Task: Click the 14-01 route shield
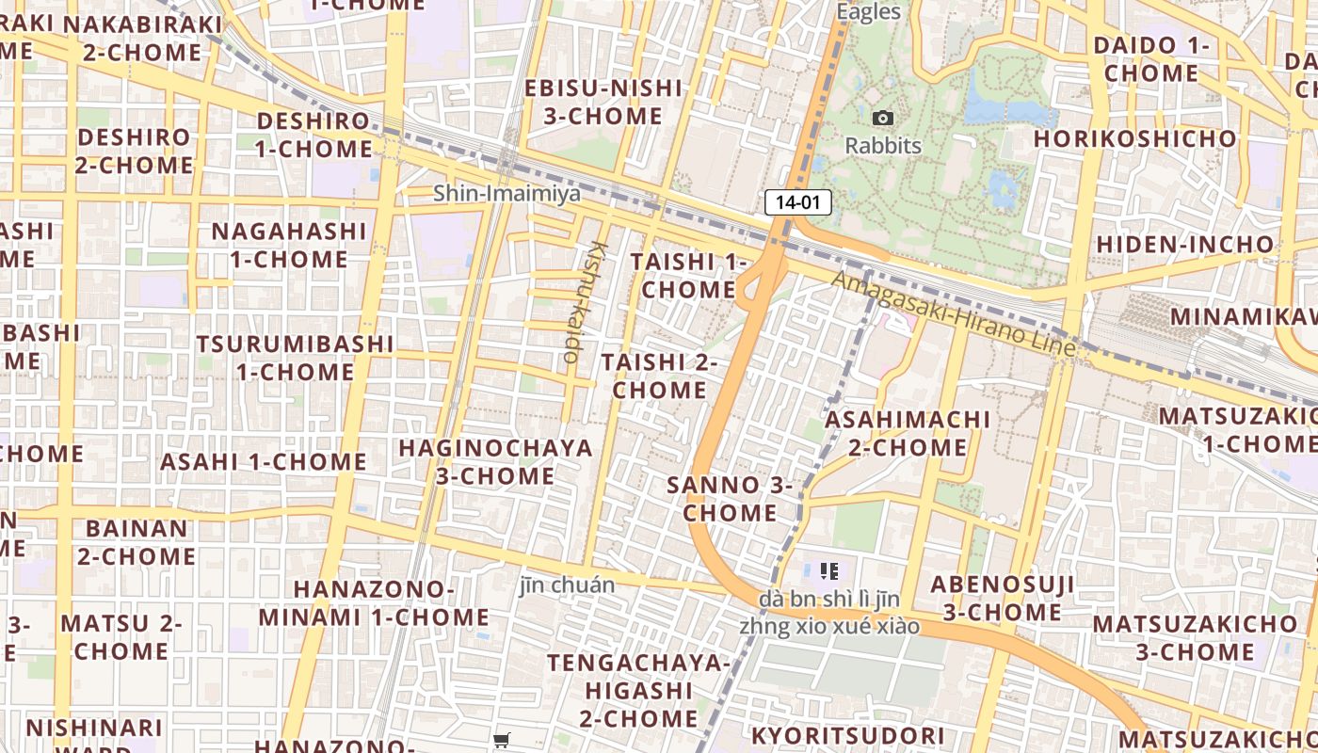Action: pyautogui.click(x=797, y=201)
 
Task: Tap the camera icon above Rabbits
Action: pyautogui.click(x=883, y=118)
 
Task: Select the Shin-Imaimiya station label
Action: pyautogui.click(x=506, y=193)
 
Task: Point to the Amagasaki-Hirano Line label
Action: pyautogui.click(x=953, y=313)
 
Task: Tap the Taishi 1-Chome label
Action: pyautogui.click(x=688, y=275)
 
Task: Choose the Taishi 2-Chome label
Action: pyautogui.click(x=660, y=376)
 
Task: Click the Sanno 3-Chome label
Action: pyautogui.click(x=730, y=499)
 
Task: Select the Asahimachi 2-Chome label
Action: pyautogui.click(x=908, y=433)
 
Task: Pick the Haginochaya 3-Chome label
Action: pyautogui.click(x=496, y=461)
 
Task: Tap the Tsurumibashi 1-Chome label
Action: pyautogui.click(x=296, y=358)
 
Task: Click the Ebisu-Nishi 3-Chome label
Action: pyautogui.click(x=603, y=103)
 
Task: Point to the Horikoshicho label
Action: pyautogui.click(x=1135, y=138)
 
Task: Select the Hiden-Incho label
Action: pyautogui.click(x=1185, y=245)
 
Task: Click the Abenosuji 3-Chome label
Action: pyautogui.click(x=1003, y=599)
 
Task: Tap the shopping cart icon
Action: pyautogui.click(x=501, y=741)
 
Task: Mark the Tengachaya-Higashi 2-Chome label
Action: pyautogui.click(x=638, y=691)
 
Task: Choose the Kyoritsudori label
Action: pyautogui.click(x=847, y=736)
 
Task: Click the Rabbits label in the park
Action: pyautogui.click(x=883, y=146)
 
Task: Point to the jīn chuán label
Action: pyautogui.click(x=567, y=585)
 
